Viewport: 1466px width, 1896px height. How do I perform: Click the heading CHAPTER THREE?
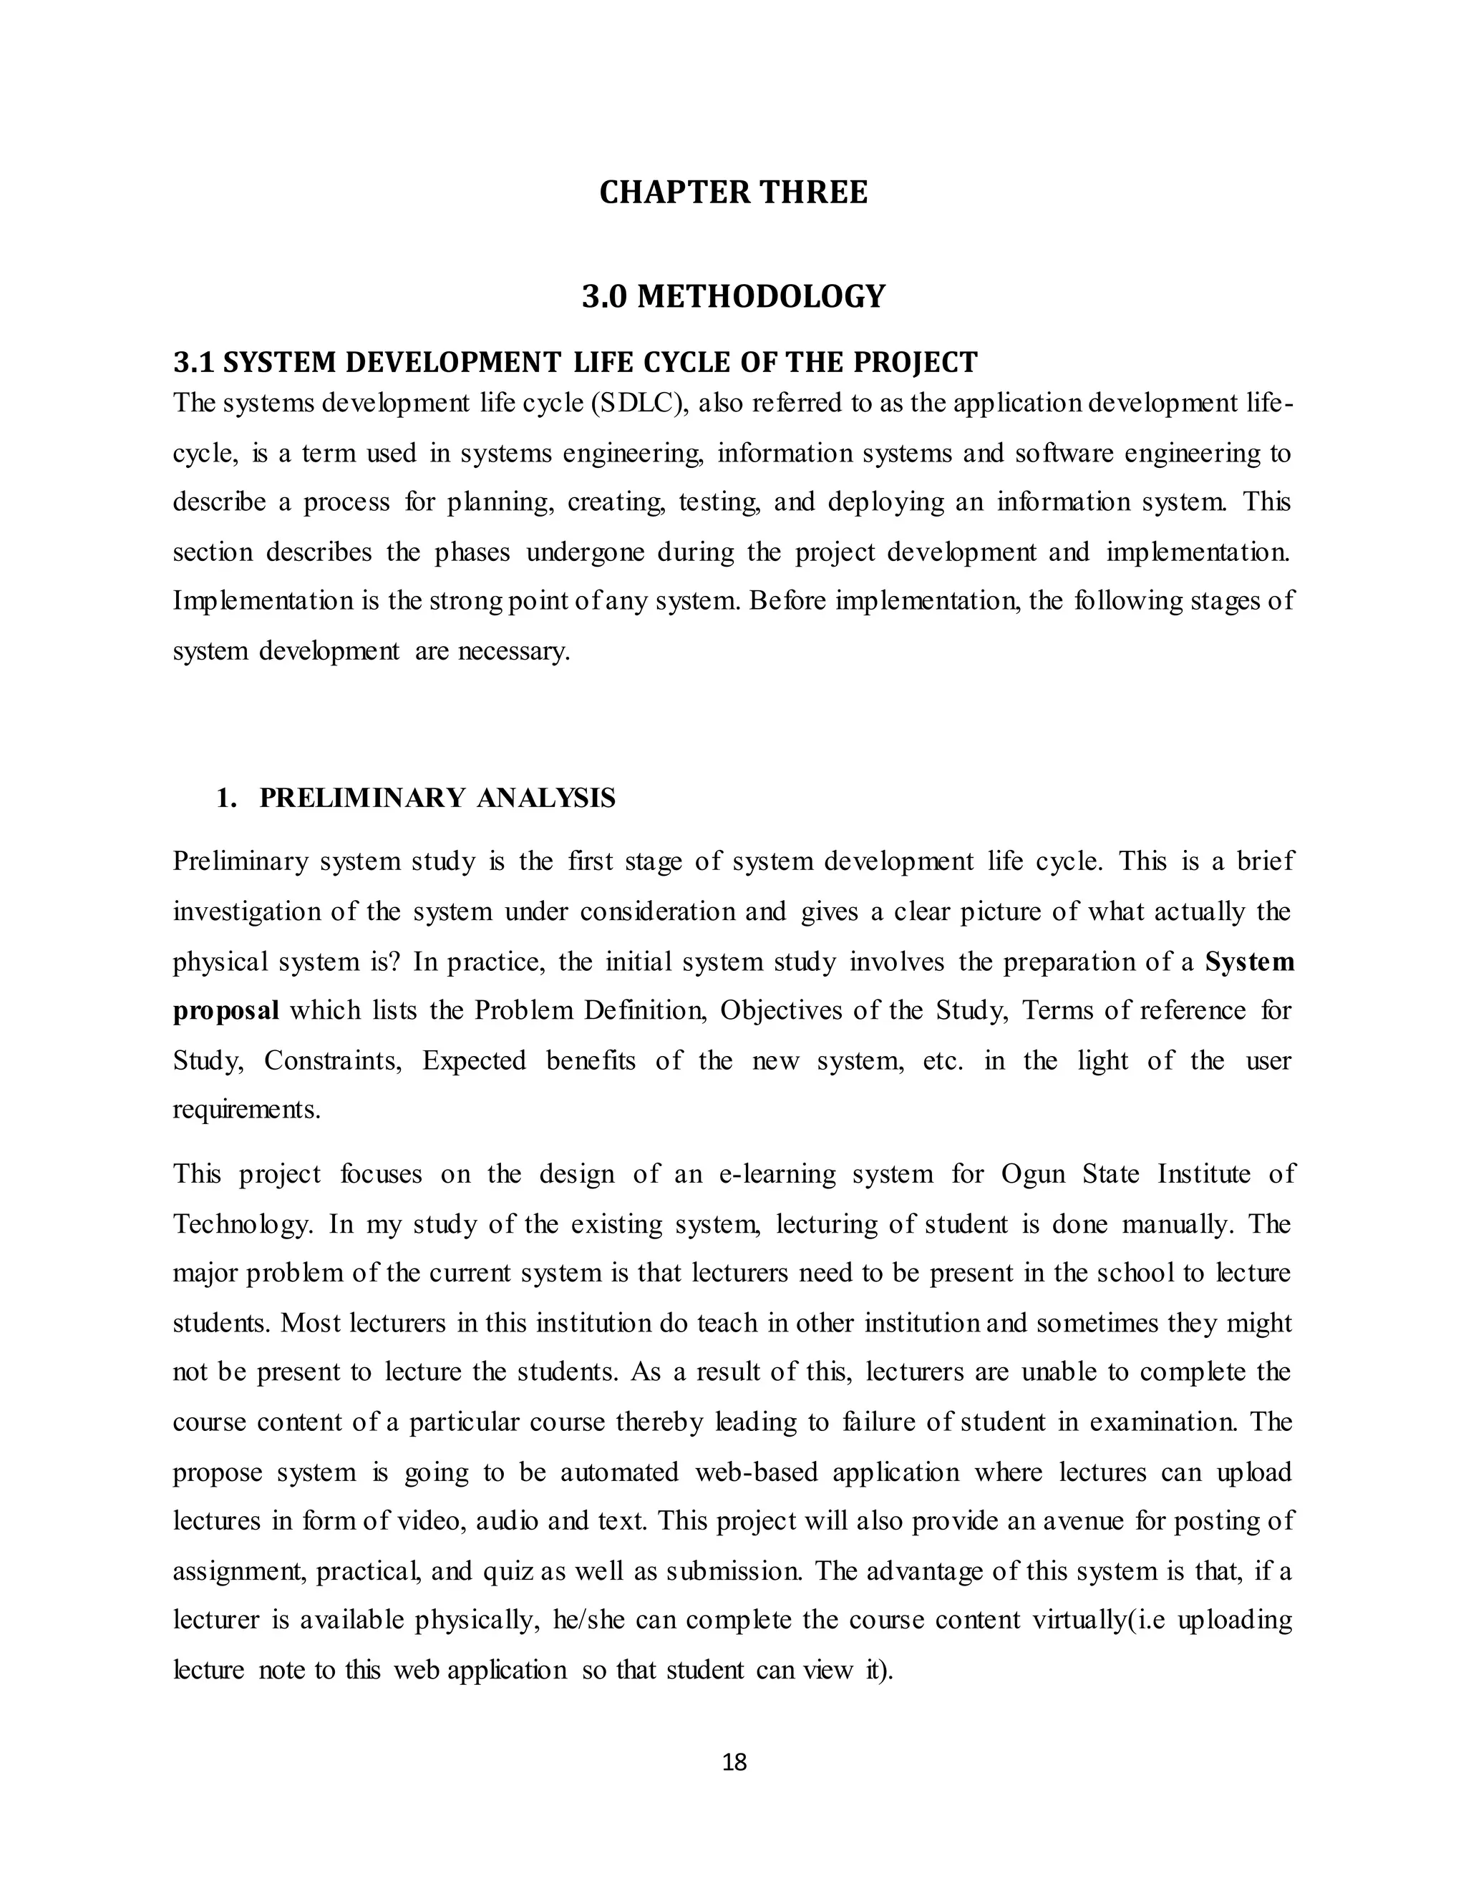(733, 192)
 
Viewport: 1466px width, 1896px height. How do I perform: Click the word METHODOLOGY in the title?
(761, 296)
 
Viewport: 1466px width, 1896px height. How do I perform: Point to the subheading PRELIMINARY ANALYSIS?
(437, 798)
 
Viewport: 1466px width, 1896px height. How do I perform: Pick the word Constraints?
(333, 1061)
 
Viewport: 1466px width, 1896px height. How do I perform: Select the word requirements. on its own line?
(247, 1110)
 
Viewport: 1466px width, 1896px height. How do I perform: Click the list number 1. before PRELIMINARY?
(227, 798)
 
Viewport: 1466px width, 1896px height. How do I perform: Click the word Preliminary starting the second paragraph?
(238, 862)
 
